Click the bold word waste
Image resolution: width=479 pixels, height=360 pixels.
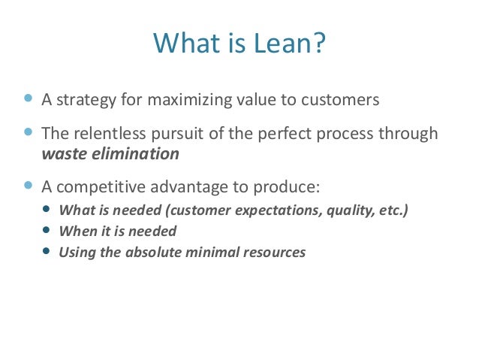point(62,154)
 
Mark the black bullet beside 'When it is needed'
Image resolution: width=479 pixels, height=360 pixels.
point(48,231)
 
